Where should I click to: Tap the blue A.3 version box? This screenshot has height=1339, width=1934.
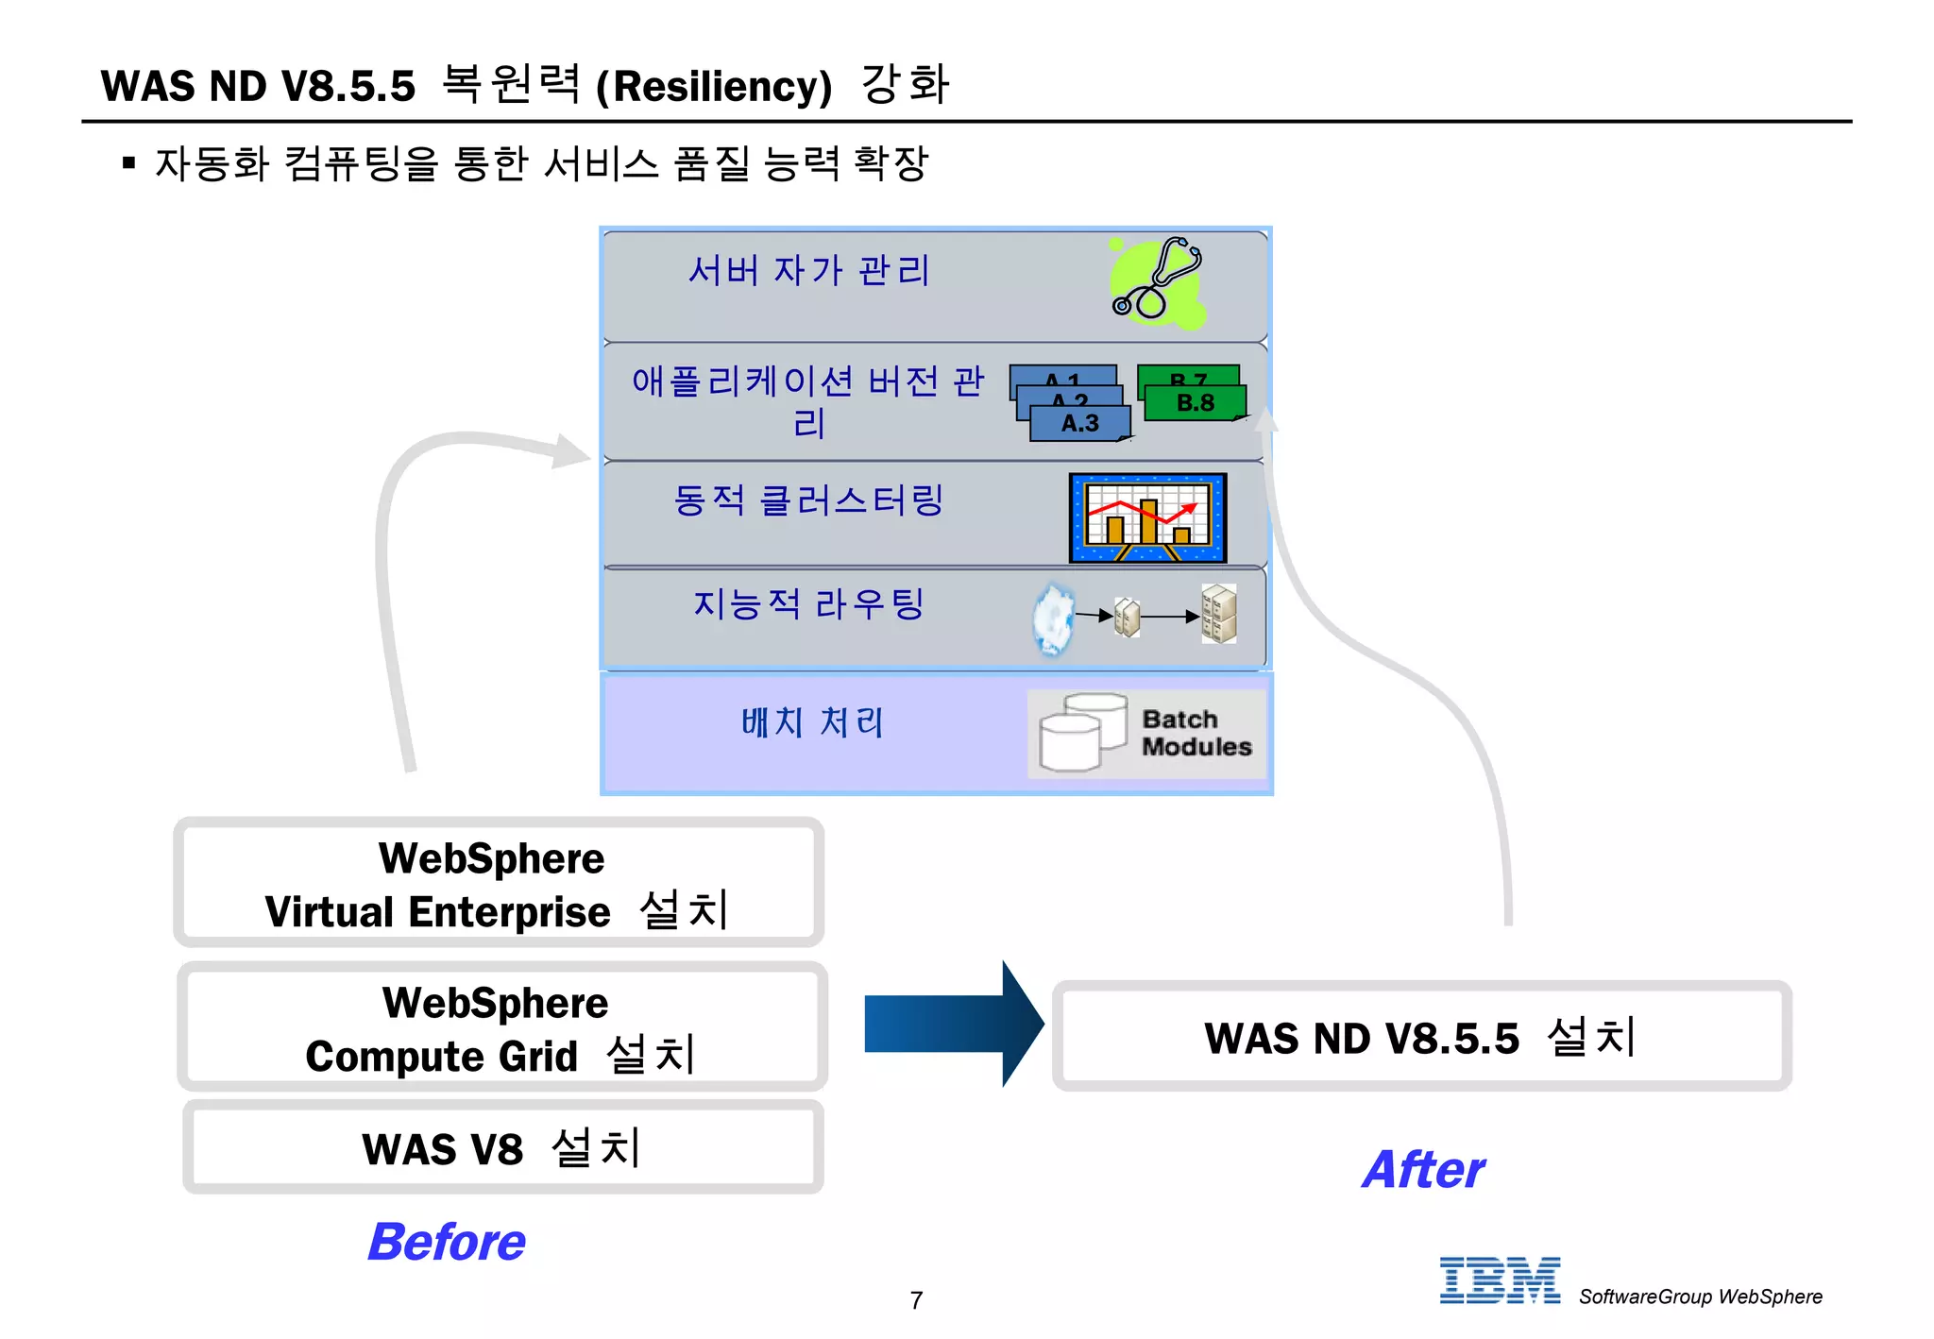[x=1079, y=423]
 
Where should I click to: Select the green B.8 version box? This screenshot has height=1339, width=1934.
[x=1196, y=403]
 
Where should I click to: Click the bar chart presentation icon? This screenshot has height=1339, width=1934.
[x=1147, y=517]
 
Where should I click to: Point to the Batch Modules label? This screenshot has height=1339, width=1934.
[x=1196, y=733]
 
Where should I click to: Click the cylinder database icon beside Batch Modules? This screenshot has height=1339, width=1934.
[x=1082, y=733]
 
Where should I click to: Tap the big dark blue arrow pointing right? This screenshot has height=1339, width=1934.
[x=952, y=1025]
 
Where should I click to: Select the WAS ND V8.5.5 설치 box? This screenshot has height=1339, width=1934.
[x=1421, y=1037]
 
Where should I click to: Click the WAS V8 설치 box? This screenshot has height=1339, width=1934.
[x=502, y=1148]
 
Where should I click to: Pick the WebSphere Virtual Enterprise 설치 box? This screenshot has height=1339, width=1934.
[x=498, y=884]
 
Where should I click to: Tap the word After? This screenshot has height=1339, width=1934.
[x=1423, y=1170]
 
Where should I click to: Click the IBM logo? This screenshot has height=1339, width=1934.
[x=1499, y=1280]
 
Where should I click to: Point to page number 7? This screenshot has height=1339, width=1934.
[x=916, y=1300]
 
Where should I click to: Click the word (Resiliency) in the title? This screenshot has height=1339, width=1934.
[x=714, y=87]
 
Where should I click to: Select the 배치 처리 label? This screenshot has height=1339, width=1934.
[x=812, y=722]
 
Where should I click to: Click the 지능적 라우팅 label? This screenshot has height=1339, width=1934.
[x=808, y=604]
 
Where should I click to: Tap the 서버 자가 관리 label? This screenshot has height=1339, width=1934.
[x=809, y=271]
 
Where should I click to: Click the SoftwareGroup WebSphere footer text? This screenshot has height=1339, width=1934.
[x=1700, y=1297]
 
